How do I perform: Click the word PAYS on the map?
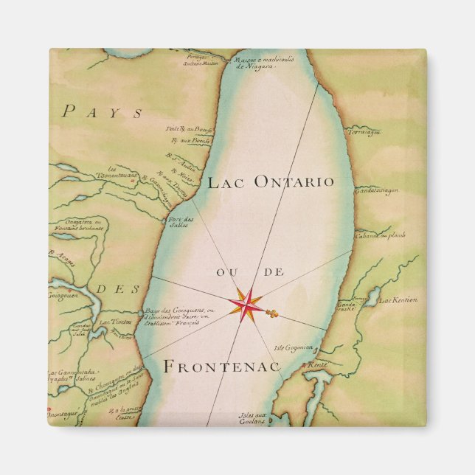click(103, 112)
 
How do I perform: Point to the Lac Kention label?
click(399, 300)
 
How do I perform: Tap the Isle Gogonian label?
click(293, 347)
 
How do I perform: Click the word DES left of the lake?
click(110, 288)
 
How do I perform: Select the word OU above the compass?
click(226, 273)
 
